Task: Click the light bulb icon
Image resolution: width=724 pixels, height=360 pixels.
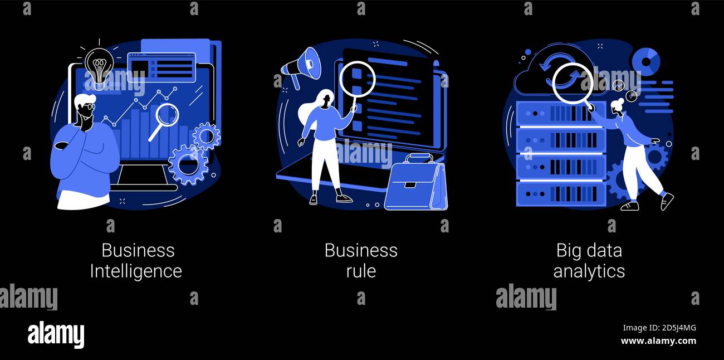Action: coord(99,65)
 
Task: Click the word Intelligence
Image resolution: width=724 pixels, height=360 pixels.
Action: coord(136,271)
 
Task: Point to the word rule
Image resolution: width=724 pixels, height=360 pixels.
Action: coord(361,271)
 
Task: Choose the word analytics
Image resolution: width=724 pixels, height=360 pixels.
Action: coord(589,271)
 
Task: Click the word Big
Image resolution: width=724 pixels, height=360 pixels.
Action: coord(569,251)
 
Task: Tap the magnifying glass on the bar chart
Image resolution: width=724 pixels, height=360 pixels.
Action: coord(166,116)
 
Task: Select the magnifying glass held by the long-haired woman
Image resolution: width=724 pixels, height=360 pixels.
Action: coord(357,79)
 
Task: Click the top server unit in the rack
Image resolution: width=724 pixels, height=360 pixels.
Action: coord(560,114)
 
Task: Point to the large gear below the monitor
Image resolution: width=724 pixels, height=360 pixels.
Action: coord(188,164)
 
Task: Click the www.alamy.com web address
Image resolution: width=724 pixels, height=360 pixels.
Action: coord(658,341)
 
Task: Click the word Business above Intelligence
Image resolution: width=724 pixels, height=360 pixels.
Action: coord(138,251)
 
